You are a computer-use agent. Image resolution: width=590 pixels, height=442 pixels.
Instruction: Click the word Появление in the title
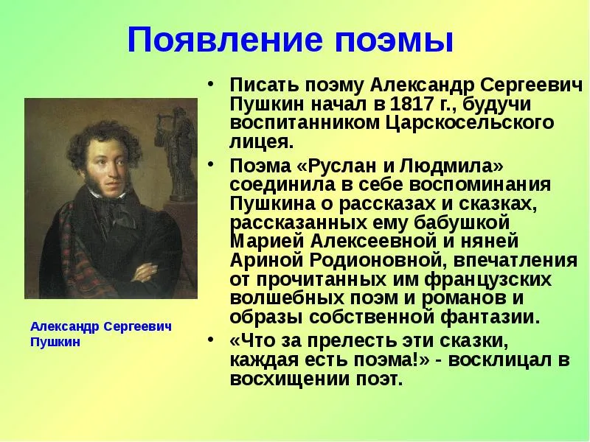tap(225, 40)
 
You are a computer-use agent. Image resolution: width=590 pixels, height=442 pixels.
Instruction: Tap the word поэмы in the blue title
tap(394, 41)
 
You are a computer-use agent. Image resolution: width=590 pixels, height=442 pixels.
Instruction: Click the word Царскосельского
tap(470, 123)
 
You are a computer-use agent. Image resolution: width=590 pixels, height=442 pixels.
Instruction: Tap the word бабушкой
tap(462, 223)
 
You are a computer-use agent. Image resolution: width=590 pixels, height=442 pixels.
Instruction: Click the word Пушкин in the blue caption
tap(55, 343)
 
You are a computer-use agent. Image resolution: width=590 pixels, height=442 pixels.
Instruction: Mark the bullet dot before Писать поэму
tap(212, 83)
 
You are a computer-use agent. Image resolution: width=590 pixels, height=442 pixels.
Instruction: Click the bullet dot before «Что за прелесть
tap(212, 340)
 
